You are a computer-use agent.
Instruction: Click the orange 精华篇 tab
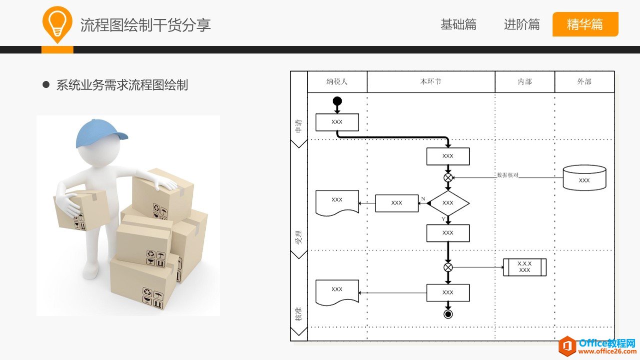pos(585,24)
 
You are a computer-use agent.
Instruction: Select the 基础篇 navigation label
pos(458,24)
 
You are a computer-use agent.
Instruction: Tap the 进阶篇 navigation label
pos(522,24)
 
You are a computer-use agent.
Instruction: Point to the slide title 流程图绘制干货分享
pos(145,25)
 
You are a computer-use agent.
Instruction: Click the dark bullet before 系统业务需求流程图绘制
pos(46,85)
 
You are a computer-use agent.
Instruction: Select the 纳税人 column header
pos(337,81)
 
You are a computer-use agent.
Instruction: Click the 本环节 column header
pos(431,81)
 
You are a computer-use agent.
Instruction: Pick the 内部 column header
pos(525,81)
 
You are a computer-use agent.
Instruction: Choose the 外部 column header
pos(584,81)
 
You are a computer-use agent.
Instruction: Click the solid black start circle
pos(337,101)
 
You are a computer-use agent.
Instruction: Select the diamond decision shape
pos(448,203)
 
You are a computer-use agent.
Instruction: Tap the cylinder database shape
pos(584,177)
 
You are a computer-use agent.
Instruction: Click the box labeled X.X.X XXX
pos(525,267)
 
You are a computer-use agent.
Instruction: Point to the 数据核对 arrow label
pos(508,175)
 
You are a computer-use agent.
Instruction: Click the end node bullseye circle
pos(448,314)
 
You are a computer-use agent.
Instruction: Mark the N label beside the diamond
pos(423,199)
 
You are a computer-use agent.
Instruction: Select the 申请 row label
pos(299,125)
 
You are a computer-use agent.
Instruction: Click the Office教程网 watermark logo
pos(598,346)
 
